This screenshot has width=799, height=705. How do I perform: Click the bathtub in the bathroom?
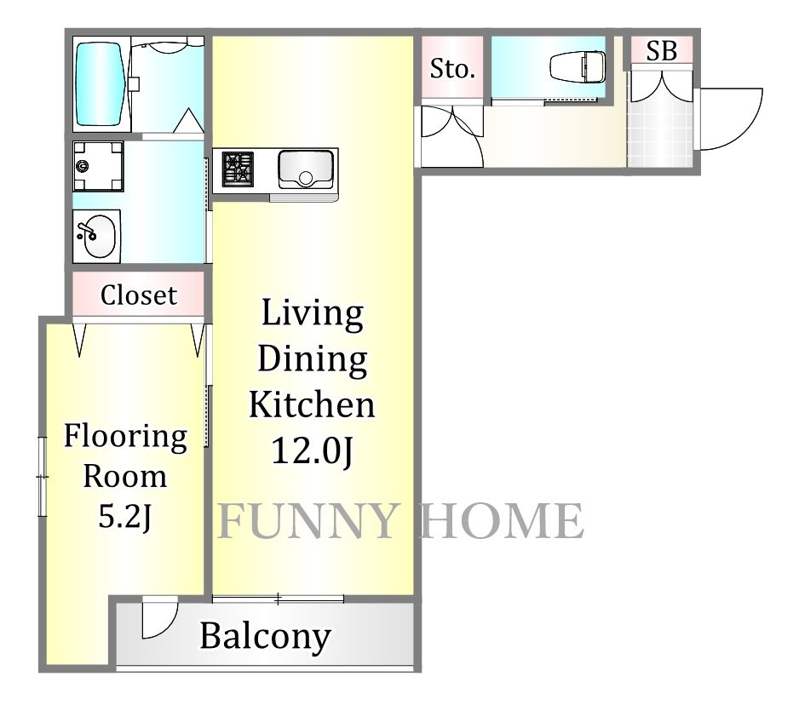coord(100,84)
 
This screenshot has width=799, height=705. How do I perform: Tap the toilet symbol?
coord(578,66)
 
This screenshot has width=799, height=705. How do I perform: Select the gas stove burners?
coord(238,167)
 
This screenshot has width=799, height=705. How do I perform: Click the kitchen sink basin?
coord(306,169)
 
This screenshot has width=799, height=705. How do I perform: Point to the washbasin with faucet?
coord(96,236)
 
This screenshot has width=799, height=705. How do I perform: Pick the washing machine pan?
coord(98,166)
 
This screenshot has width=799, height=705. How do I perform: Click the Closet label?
coord(139,295)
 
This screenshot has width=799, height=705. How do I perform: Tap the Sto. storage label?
coord(452,69)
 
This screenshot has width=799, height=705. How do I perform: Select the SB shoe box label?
coord(661,50)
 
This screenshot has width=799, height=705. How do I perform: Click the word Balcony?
coord(266,636)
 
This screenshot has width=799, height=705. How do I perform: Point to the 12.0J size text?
coord(312,450)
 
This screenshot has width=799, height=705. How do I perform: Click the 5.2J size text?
coord(125,517)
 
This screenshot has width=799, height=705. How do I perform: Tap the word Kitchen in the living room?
coord(312,404)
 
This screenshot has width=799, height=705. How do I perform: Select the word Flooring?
coord(125,438)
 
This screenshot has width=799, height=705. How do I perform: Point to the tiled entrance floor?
coord(660,134)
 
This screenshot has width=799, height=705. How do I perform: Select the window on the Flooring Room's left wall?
coord(42,476)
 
